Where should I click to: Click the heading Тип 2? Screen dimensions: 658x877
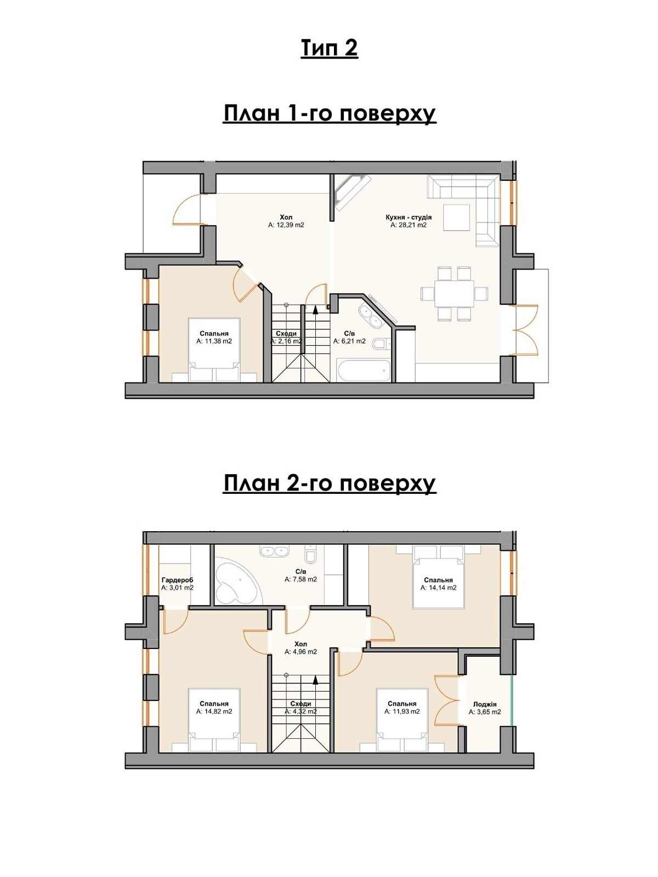click(x=329, y=49)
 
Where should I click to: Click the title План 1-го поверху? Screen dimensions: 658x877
click(x=329, y=114)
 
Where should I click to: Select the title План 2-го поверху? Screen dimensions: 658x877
click(x=329, y=484)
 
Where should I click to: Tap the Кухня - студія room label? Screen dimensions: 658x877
click(x=409, y=218)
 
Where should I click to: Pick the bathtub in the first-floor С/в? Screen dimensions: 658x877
click(x=364, y=371)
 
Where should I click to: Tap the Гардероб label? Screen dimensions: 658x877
click(x=177, y=580)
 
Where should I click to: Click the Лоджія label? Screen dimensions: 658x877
click(x=485, y=704)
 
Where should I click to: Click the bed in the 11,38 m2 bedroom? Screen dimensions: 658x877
click(x=214, y=350)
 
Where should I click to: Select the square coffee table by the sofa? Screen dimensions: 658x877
click(x=456, y=218)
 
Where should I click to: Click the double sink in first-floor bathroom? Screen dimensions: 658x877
click(x=370, y=316)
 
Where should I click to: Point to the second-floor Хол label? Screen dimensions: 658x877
click(x=300, y=644)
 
